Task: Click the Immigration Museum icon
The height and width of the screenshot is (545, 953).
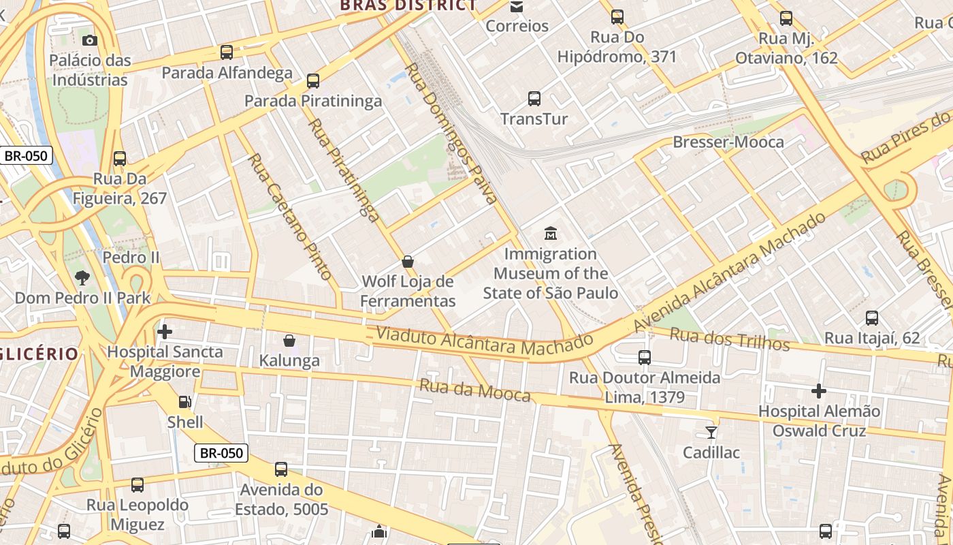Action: tap(550, 234)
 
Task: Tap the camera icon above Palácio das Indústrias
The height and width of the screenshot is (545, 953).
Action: tap(90, 40)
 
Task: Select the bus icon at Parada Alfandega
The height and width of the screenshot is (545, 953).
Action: tap(227, 52)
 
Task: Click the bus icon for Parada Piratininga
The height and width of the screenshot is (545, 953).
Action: tap(313, 81)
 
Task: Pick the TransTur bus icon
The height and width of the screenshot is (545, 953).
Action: tap(534, 99)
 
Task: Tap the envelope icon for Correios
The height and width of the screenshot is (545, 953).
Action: tap(517, 7)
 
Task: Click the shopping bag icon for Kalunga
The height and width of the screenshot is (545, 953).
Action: tap(289, 340)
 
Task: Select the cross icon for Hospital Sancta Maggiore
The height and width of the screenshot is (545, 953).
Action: tap(165, 332)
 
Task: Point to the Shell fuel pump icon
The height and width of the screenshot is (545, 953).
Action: tap(184, 402)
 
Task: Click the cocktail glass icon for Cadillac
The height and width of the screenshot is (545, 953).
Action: tap(711, 432)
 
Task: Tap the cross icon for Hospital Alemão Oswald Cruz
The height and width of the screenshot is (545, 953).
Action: tap(819, 391)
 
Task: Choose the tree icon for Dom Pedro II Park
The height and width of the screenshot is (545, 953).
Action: tap(82, 277)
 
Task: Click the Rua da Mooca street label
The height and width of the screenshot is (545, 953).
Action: tap(474, 390)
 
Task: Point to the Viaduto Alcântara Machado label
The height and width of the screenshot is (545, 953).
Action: tap(484, 341)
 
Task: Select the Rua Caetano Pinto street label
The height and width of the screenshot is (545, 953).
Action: tap(290, 217)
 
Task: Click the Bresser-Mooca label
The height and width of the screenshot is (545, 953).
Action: tap(728, 142)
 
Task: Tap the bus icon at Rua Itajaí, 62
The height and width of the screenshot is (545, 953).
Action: tap(872, 317)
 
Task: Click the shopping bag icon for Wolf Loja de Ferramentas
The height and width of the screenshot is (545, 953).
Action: tap(408, 261)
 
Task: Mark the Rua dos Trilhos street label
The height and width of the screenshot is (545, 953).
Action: tap(729, 339)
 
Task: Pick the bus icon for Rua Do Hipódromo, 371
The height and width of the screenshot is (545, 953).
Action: tap(617, 17)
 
